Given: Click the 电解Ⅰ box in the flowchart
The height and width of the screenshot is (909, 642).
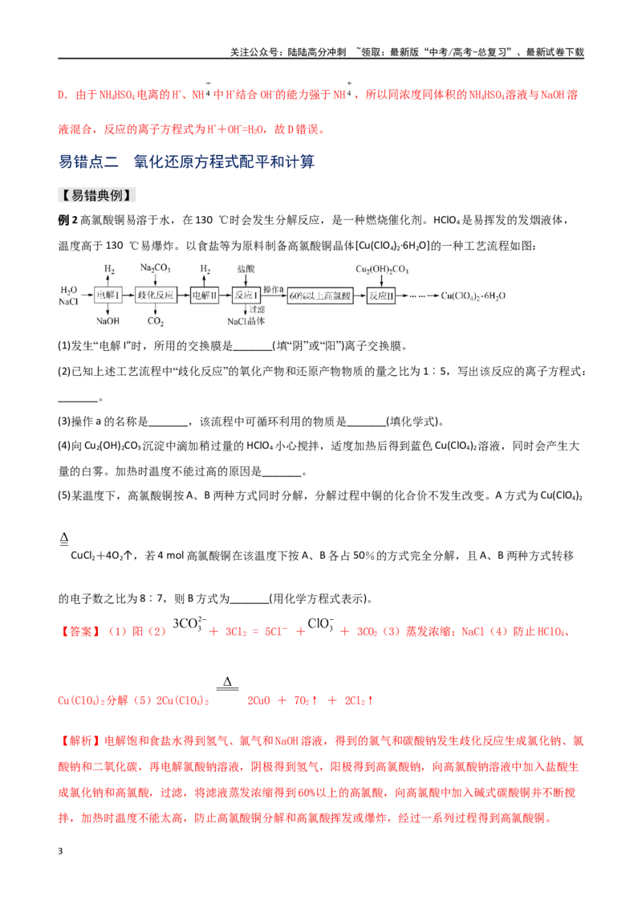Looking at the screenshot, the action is click(x=108, y=295).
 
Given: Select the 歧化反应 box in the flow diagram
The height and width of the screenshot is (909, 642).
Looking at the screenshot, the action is click(x=156, y=295).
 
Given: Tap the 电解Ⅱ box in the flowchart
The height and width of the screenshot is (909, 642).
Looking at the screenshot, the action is click(x=204, y=295).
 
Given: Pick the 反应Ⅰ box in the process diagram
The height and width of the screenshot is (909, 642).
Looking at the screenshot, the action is click(x=246, y=295).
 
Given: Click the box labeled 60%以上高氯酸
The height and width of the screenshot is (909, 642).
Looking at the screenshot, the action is click(x=320, y=296).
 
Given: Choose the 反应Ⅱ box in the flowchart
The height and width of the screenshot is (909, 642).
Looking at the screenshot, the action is click(x=381, y=296).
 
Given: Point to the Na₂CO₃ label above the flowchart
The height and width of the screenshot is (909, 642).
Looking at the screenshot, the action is click(x=156, y=268).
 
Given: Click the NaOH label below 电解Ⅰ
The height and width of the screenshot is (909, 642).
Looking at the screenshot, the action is click(x=108, y=321).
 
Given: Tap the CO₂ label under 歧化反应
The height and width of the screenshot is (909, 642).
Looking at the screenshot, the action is click(x=156, y=321).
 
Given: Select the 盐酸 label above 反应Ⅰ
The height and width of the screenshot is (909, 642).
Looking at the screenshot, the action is click(x=246, y=268).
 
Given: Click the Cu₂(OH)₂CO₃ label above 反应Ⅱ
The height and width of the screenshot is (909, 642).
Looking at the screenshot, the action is click(x=382, y=269).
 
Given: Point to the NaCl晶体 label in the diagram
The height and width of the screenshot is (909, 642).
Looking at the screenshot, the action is click(x=246, y=321).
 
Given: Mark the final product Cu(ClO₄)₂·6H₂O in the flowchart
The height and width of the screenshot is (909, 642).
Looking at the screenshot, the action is click(x=473, y=296).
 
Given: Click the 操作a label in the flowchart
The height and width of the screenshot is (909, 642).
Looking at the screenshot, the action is click(x=274, y=289).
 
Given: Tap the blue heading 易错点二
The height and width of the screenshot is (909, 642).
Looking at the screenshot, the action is click(x=88, y=161).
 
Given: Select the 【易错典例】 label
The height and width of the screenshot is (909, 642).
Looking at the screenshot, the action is click(x=97, y=195).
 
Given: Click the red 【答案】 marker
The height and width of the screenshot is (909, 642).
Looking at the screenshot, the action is click(x=79, y=631).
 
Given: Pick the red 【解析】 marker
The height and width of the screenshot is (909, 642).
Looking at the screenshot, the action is click(x=79, y=741).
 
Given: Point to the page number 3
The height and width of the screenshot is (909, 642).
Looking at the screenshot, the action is click(x=60, y=851).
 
